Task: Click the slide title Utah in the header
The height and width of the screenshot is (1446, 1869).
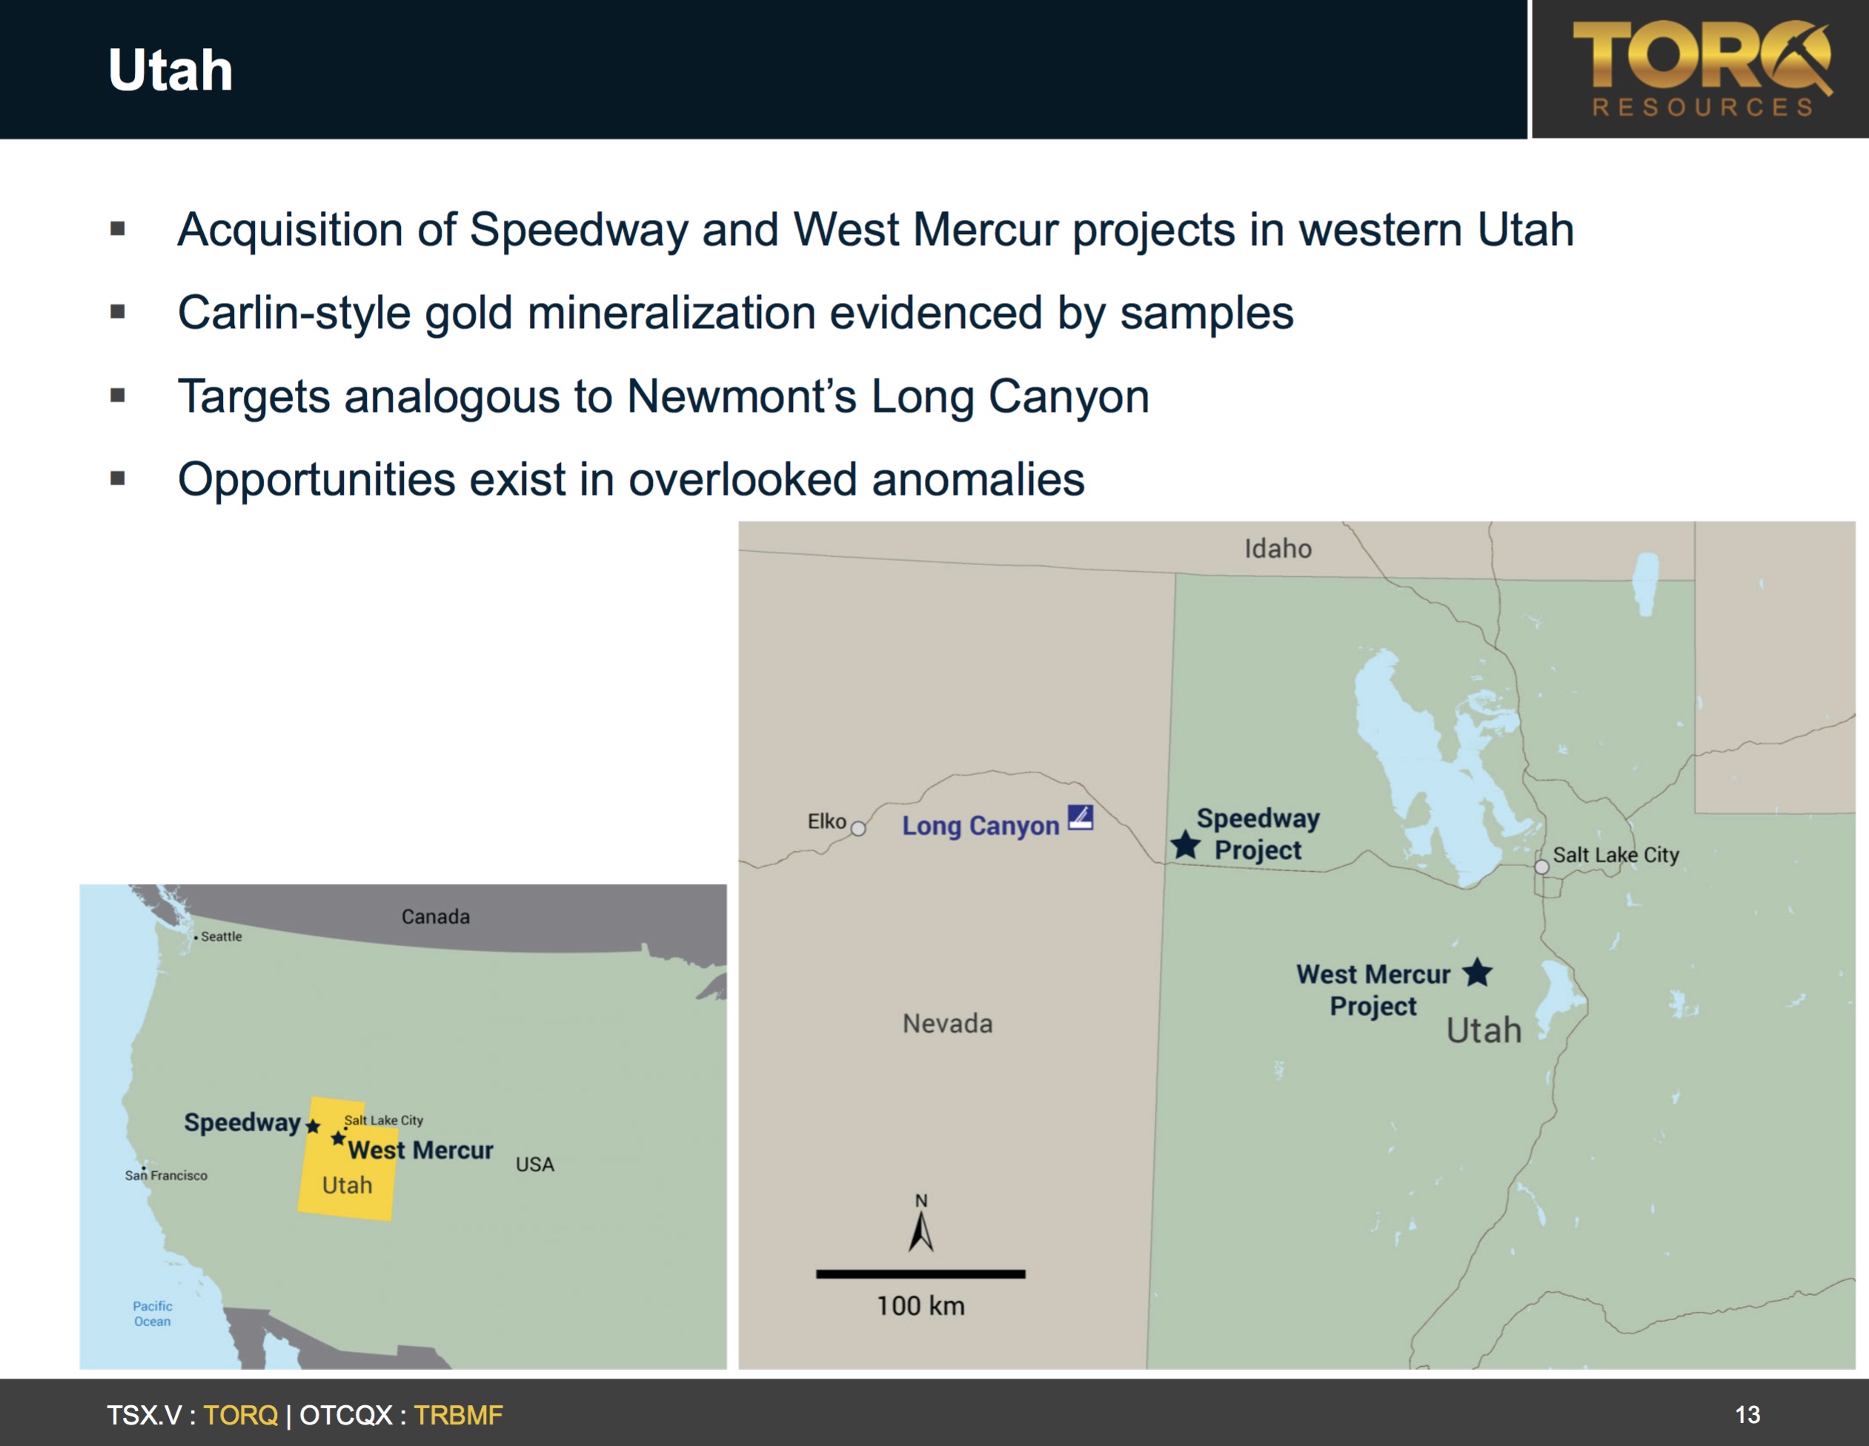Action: (170, 70)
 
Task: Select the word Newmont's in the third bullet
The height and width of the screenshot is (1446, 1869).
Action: (741, 396)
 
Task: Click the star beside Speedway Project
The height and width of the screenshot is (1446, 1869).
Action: (1185, 844)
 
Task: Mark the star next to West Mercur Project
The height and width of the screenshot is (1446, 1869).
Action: (1477, 972)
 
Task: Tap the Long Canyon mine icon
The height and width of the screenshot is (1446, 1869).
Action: (1080, 817)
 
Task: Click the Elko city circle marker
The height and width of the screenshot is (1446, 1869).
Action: (858, 828)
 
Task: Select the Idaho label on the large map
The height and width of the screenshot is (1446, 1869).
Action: (1278, 548)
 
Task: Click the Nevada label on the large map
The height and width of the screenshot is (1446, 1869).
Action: (947, 1023)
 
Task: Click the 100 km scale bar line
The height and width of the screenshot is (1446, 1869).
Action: (921, 1274)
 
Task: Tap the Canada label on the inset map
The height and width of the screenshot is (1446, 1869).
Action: (436, 916)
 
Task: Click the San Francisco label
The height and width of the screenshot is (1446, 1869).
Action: (166, 1176)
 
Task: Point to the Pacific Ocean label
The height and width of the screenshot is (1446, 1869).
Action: (153, 1313)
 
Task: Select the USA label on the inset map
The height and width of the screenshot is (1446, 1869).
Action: (535, 1165)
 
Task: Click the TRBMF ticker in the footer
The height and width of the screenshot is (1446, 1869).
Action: (459, 1415)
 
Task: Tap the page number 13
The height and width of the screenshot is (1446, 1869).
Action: (1747, 1415)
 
